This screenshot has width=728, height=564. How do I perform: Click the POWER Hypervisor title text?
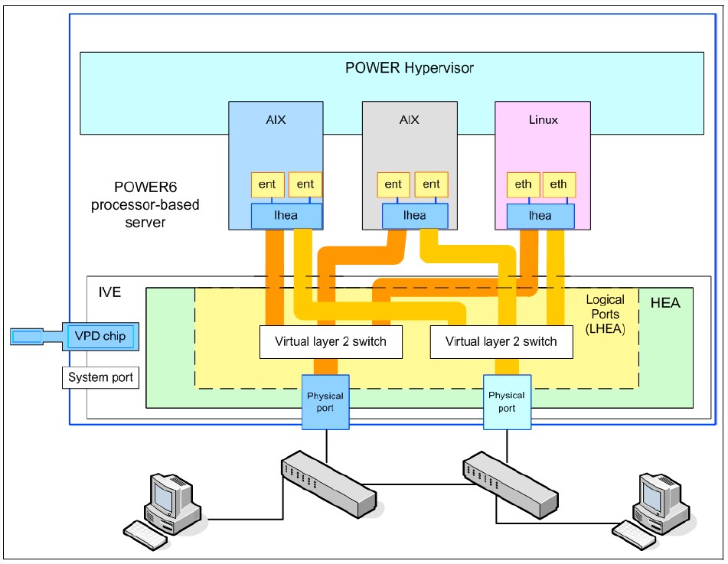409,68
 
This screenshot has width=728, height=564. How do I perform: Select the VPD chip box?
100,336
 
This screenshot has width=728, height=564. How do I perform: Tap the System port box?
100,377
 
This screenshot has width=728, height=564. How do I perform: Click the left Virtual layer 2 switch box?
330,342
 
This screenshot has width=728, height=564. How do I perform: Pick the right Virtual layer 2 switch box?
501,342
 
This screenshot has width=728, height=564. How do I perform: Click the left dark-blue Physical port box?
325,401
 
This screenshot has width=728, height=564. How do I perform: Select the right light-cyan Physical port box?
506,401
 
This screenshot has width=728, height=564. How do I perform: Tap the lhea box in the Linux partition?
540,216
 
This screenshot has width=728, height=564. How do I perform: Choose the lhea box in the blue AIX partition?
286,216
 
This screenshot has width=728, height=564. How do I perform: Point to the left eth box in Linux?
523,184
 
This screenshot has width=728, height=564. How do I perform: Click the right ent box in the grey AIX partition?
431,184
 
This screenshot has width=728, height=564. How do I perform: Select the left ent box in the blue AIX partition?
268,184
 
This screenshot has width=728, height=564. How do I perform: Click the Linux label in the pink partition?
544,120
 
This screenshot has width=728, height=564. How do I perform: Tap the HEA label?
664,304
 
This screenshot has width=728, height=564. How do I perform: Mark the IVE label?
109,293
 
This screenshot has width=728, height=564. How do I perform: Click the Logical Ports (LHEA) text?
605,314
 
